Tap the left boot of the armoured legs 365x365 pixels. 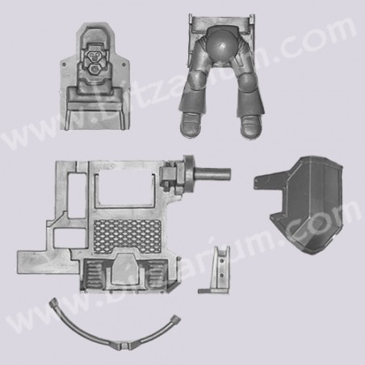191,124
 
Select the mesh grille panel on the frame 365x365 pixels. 128,235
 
